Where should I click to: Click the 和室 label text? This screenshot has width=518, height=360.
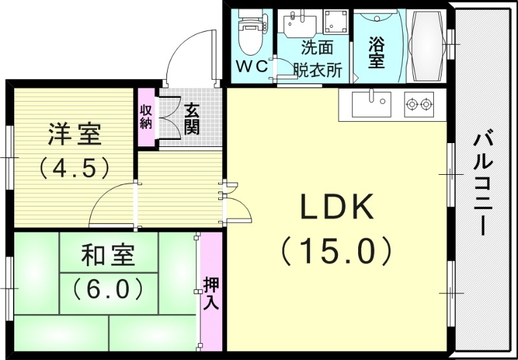(x=108, y=256)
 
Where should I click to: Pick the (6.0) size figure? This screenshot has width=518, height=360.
(x=108, y=287)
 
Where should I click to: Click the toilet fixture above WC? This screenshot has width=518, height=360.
(x=248, y=35)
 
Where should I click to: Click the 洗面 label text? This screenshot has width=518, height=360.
(x=315, y=48)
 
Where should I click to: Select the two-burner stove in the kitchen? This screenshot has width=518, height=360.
(x=418, y=104)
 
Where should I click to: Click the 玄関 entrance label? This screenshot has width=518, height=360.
(x=192, y=118)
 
